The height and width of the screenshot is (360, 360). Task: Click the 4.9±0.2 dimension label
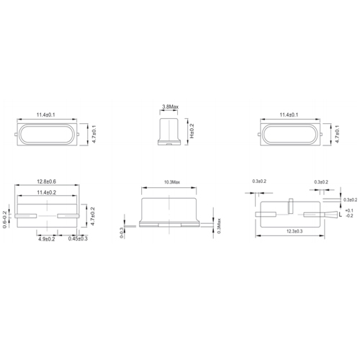(48, 238)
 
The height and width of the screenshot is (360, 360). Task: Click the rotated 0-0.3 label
(122, 231)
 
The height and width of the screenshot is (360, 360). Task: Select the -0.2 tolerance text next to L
(350, 215)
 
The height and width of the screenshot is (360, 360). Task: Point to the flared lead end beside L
(333, 215)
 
